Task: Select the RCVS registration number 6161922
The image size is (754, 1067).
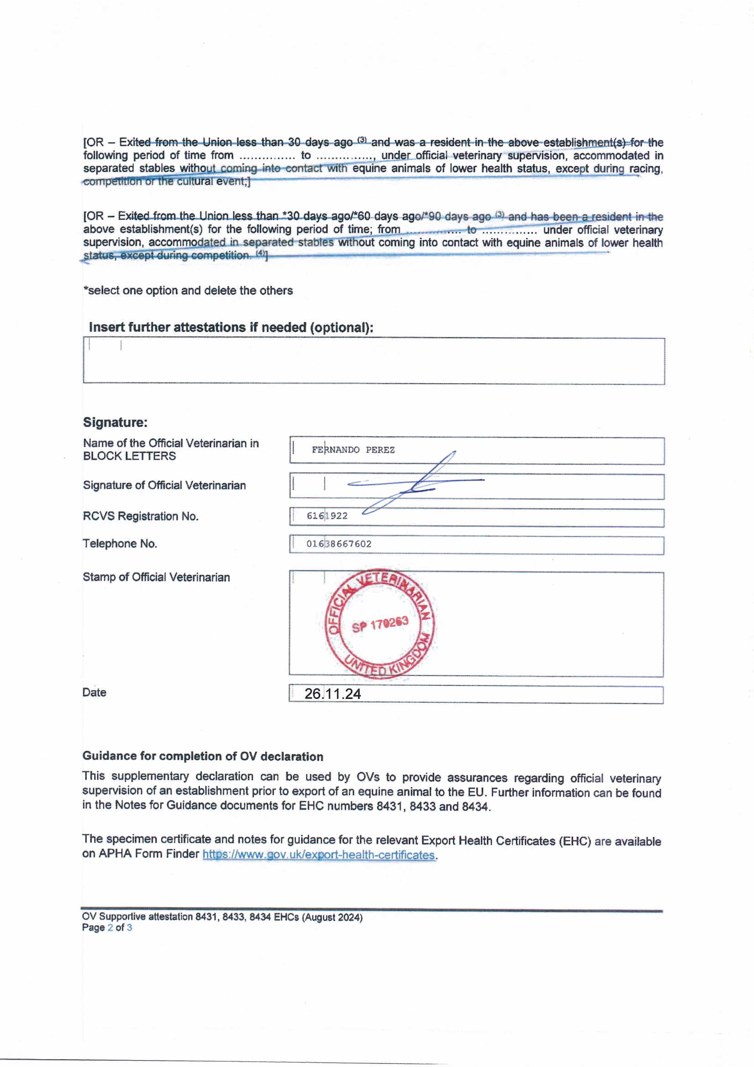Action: [327, 516]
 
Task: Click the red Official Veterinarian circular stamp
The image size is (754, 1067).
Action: [379, 623]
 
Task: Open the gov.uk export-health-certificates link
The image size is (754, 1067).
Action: [319, 855]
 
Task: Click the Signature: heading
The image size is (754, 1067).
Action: [115, 423]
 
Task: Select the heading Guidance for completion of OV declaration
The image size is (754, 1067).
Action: [203, 756]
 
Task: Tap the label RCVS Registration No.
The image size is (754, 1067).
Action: [140, 516]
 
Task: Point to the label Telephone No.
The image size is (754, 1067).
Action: [120, 544]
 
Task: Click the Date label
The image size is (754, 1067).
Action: [94, 692]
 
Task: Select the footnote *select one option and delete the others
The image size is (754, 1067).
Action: [188, 290]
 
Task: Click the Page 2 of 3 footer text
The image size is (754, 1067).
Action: [107, 928]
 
